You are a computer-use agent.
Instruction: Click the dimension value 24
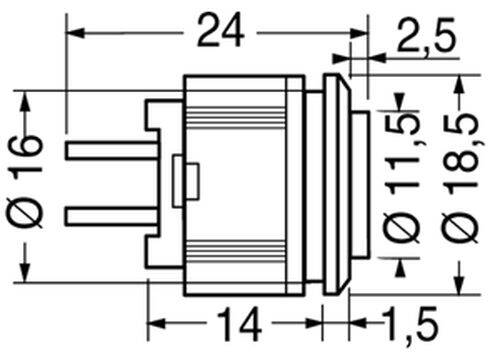220,32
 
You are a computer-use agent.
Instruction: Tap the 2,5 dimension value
426,35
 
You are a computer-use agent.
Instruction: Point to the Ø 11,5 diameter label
403,178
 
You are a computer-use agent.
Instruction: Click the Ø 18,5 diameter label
461,177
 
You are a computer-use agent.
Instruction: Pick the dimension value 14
239,324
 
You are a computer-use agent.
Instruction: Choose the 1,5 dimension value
411,323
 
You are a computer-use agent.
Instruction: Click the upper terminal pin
112,150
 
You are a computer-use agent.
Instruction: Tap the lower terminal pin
112,216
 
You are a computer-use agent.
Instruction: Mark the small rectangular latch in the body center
186,181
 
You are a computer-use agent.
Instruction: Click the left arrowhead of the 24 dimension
75,33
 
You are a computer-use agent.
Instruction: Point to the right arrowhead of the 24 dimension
358,33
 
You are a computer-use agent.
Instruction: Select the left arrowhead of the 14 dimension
156,323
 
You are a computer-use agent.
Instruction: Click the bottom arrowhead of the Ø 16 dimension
25,272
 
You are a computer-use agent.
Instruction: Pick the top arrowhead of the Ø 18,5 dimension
460,84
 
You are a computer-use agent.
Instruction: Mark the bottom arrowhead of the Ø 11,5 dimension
400,268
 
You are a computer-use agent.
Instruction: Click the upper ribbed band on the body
236,118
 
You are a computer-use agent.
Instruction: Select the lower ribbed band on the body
236,250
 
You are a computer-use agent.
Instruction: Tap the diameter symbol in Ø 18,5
461,227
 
